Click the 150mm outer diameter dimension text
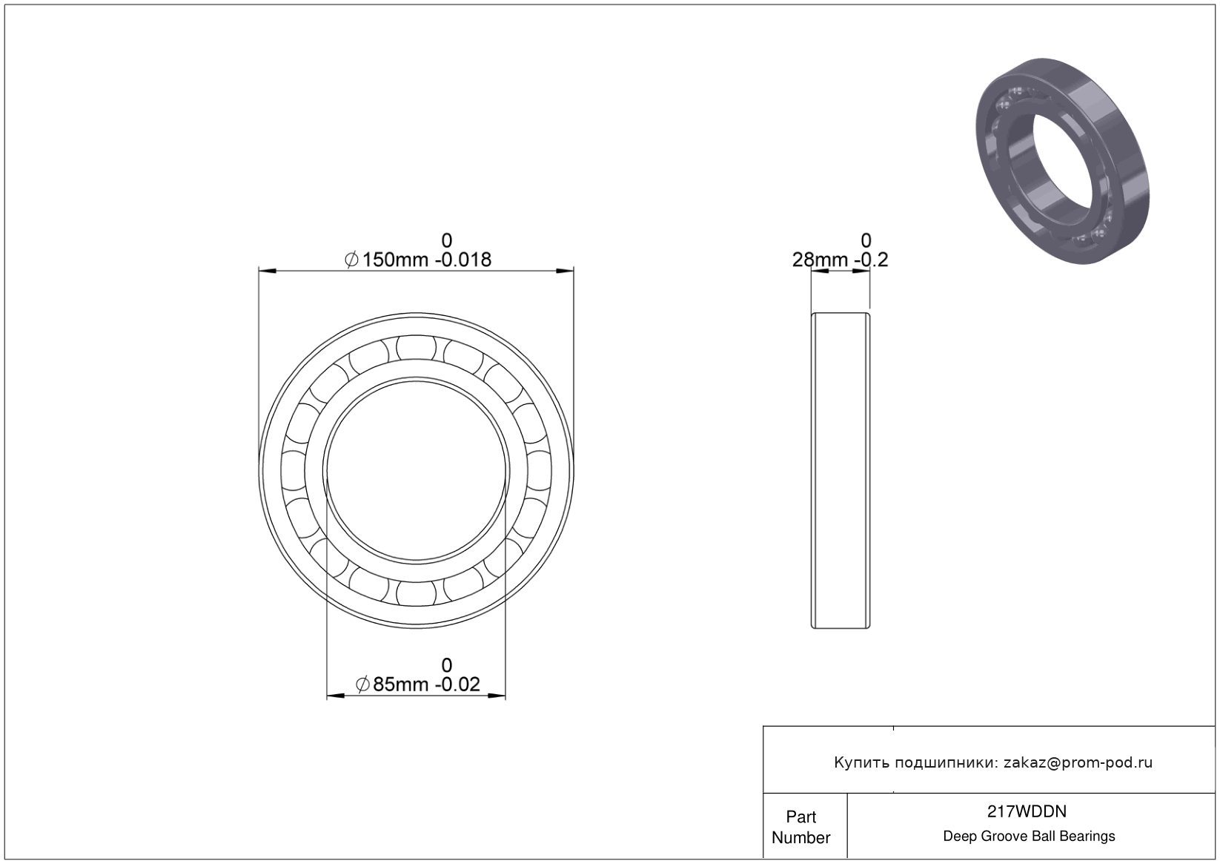pos(395,260)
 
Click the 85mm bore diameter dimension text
pos(400,684)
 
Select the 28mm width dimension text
pos(820,260)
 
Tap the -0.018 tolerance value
pos(463,260)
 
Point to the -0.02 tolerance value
pos(457,684)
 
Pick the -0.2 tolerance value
pos(871,260)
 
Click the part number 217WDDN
pos(1027,811)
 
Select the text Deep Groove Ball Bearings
pos(1029,837)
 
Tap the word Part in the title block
pos(800,817)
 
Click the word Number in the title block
pos(800,838)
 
